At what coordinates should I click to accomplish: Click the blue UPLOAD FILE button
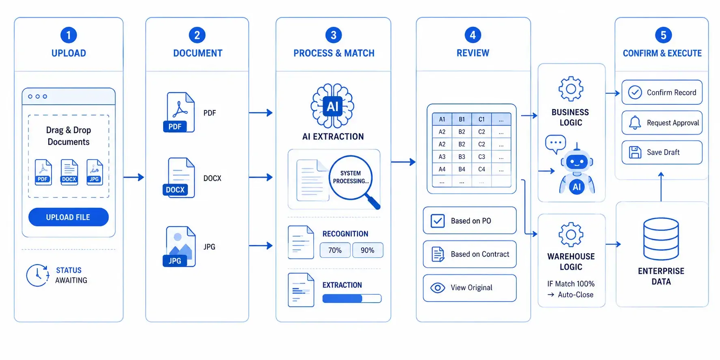(69, 217)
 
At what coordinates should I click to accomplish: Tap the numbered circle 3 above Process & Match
(334, 35)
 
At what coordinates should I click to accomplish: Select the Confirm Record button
(662, 93)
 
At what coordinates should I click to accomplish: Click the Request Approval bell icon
(635, 123)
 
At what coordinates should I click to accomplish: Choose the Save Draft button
(662, 152)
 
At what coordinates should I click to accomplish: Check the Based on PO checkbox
(438, 221)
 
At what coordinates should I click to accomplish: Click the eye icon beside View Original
(438, 288)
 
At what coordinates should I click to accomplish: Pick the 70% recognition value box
(335, 250)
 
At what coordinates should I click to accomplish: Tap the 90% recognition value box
(368, 250)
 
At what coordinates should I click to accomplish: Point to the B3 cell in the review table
(462, 157)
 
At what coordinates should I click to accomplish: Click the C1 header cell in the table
(482, 119)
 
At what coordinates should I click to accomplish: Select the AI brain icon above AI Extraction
(332, 106)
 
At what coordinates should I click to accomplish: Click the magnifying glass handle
(373, 201)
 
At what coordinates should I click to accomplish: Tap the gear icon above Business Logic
(571, 88)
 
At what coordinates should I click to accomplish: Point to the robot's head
(577, 162)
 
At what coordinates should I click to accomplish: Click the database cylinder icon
(661, 239)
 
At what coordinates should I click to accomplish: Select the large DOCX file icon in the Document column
(179, 178)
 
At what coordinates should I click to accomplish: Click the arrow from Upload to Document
(134, 177)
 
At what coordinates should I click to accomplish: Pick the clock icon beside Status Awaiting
(38, 275)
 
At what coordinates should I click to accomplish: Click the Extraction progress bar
(352, 299)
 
